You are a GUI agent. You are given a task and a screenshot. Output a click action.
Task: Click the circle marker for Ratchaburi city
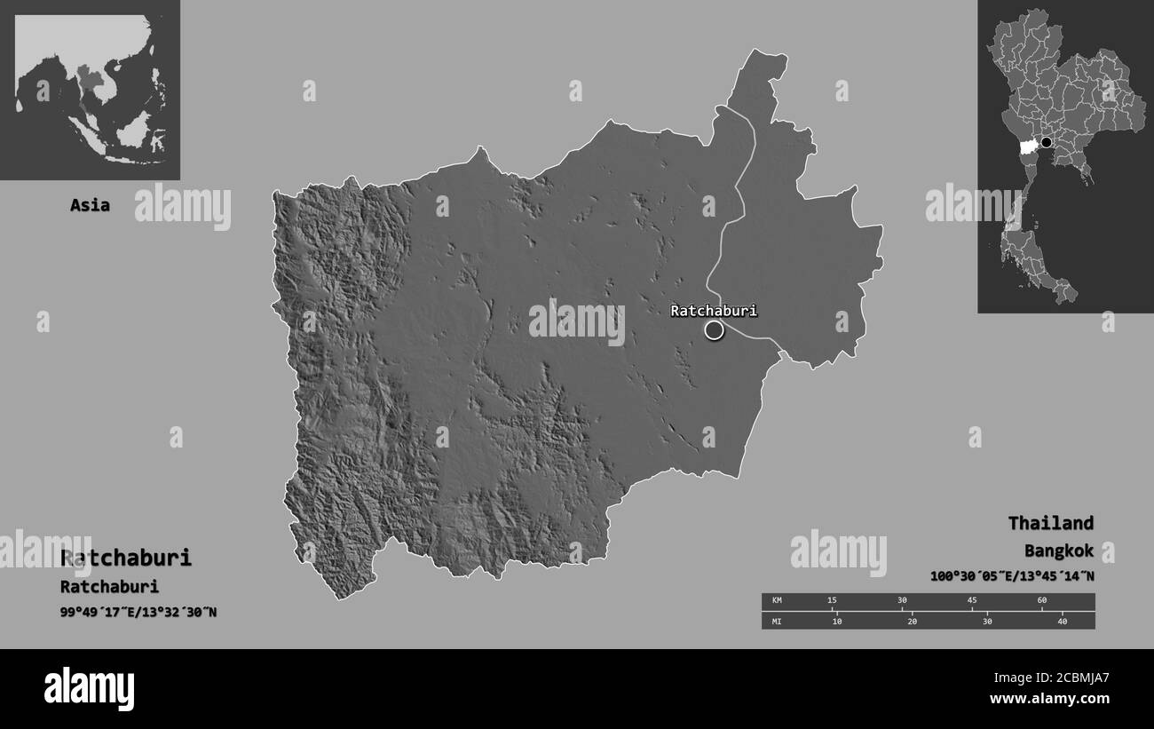click(714, 330)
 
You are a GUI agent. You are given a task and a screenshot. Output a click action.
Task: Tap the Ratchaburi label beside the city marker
click(713, 311)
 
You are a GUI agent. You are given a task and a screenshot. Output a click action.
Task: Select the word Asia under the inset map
click(90, 205)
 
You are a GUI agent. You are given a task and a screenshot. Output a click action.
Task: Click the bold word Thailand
click(1050, 523)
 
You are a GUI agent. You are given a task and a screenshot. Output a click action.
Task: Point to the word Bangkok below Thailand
click(1058, 551)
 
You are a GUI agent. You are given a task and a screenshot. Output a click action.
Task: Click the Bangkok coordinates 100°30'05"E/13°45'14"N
click(1012, 576)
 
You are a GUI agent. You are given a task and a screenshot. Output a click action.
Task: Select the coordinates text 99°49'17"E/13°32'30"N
click(138, 612)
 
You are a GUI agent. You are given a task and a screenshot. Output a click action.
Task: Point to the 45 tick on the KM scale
click(971, 601)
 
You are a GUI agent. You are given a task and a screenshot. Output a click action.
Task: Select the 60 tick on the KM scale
click(1041, 601)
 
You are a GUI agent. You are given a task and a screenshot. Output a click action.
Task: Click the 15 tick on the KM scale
click(832, 601)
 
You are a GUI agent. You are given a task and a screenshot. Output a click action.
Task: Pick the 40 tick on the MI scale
click(1062, 621)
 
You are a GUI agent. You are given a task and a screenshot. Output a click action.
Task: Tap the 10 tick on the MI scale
click(836, 621)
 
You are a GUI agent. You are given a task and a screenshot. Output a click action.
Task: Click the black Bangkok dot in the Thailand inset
click(1046, 142)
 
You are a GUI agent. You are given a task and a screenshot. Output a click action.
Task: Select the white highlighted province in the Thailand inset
click(1030, 146)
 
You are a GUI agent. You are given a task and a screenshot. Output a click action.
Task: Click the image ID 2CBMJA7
click(1072, 677)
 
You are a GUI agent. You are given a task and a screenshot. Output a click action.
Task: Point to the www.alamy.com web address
click(1049, 699)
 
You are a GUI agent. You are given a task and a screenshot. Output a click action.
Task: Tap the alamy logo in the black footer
click(89, 688)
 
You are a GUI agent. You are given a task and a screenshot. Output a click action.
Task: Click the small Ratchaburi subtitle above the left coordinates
click(109, 586)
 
